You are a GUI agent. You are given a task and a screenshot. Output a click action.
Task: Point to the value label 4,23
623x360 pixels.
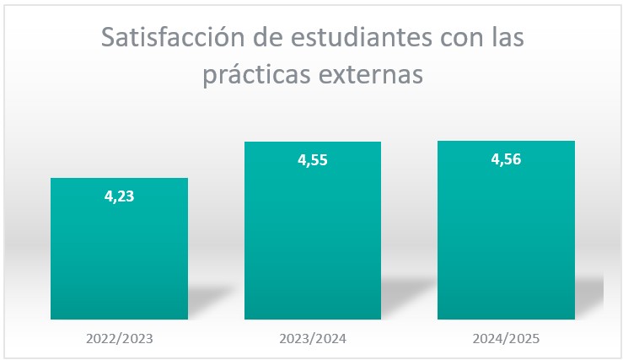(x=119, y=196)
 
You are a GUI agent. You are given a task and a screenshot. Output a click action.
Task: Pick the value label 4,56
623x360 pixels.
(x=506, y=159)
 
